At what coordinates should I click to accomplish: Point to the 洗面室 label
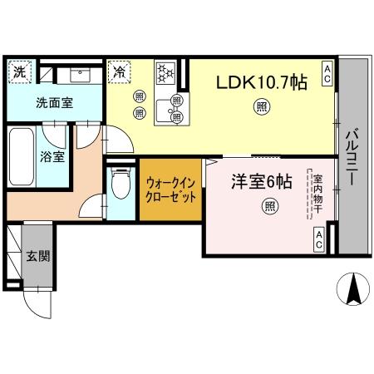[30, 106]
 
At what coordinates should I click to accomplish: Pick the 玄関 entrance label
[37, 256]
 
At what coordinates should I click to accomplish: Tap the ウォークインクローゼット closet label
[170, 191]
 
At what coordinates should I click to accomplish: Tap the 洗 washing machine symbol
[18, 72]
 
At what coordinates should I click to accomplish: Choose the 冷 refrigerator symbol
[120, 72]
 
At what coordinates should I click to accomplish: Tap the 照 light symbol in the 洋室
[268, 206]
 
